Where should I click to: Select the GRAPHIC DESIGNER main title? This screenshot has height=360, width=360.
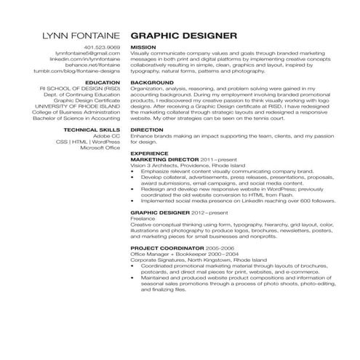point(183,35)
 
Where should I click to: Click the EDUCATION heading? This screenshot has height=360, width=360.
point(103,83)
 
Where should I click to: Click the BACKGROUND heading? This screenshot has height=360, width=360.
point(152,83)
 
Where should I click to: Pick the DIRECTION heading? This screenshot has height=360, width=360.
point(148,129)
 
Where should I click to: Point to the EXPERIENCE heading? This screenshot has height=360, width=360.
point(151,153)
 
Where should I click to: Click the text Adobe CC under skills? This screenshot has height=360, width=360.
point(106,135)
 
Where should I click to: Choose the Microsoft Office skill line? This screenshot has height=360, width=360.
point(100,147)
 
